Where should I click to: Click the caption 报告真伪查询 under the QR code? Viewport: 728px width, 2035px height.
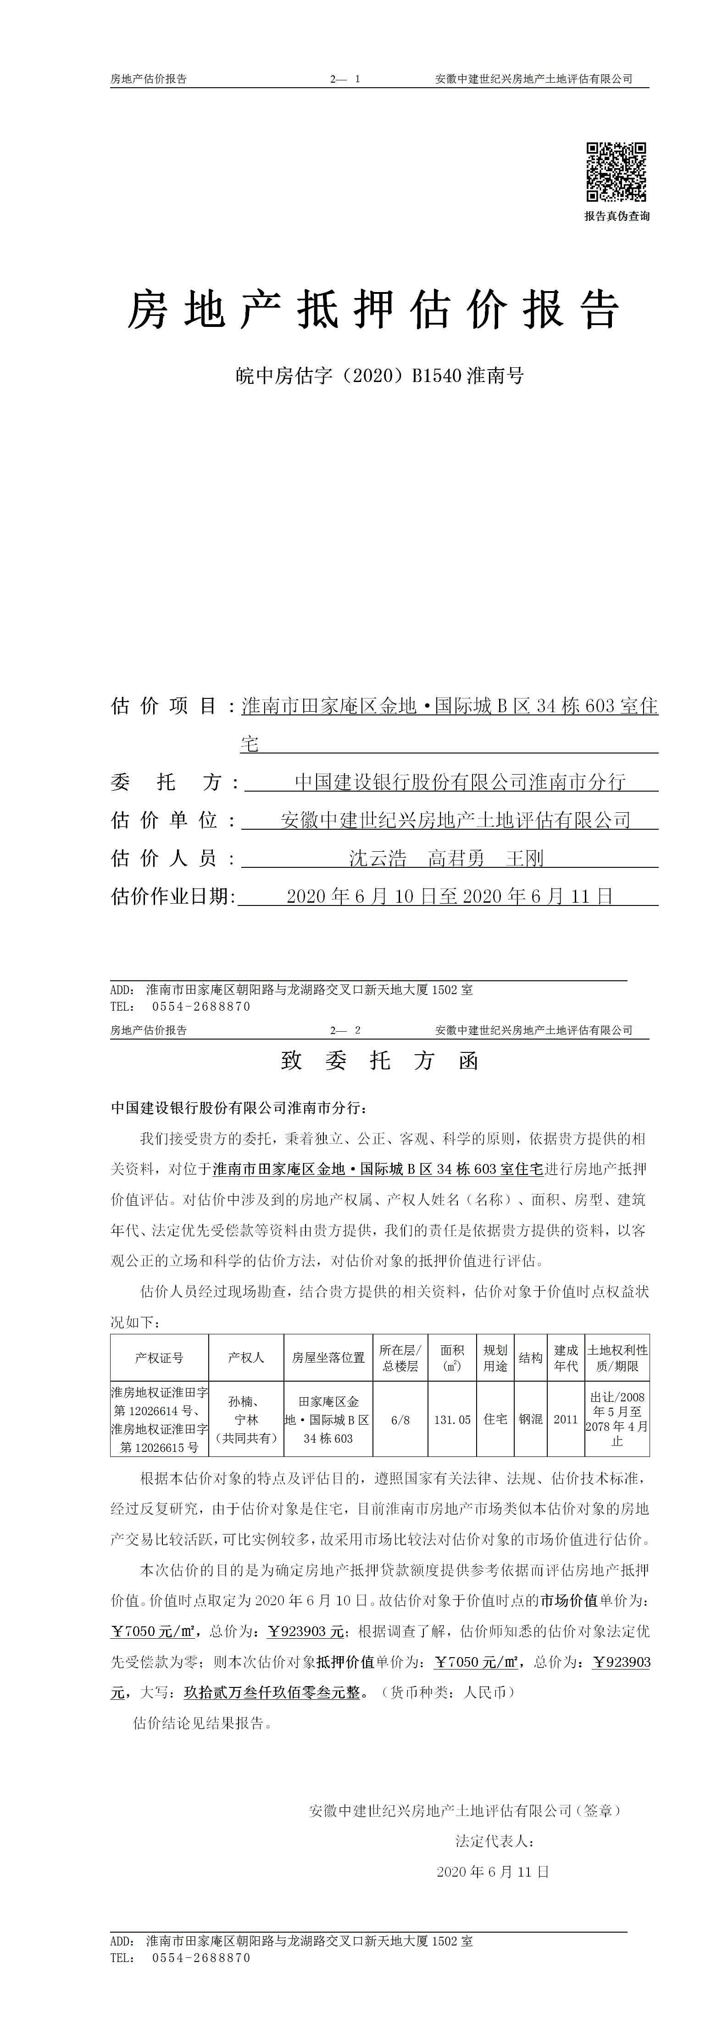pos(617,216)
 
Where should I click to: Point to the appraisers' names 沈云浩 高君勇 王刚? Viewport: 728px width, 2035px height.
pos(446,858)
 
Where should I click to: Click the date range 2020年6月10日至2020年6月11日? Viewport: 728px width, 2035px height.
pos(449,896)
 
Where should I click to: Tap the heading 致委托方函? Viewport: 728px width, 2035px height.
pos(380,1061)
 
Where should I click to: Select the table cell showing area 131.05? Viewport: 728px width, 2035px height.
pos(452,1420)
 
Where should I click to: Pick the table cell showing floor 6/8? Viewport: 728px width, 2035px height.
pos(400,1420)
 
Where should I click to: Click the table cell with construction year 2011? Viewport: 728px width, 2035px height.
pos(565,1420)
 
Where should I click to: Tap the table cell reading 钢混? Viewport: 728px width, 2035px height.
pos(531,1420)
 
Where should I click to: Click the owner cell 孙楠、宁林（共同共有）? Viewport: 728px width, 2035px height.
pos(246,1420)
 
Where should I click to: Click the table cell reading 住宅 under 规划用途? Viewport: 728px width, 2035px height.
pos(495,1420)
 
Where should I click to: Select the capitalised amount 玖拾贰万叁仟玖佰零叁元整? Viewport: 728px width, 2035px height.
pos(272,1692)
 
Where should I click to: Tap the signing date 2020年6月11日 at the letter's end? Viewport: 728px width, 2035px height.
pos(493,1872)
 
